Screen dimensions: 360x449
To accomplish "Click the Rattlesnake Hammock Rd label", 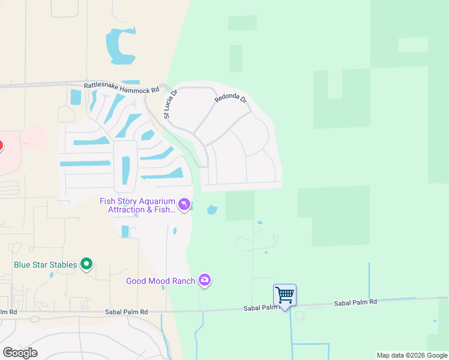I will click(x=121, y=88).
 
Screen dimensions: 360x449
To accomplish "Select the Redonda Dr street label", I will click(x=231, y=100).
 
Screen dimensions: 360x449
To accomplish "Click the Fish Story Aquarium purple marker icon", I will click(x=185, y=205).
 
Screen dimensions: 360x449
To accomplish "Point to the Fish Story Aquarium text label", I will click(x=137, y=205).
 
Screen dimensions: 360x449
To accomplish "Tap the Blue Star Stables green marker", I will click(x=87, y=264).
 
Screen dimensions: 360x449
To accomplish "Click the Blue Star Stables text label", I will click(x=46, y=265).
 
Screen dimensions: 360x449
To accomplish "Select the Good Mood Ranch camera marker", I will click(x=205, y=280).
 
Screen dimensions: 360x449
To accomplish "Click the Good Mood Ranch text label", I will click(x=160, y=281).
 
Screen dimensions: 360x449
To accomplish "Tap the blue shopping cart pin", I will click(x=285, y=295).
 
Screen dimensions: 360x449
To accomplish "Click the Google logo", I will click(x=20, y=353).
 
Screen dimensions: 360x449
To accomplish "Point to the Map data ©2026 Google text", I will click(x=412, y=355).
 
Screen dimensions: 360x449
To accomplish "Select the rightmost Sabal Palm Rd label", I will click(x=355, y=303).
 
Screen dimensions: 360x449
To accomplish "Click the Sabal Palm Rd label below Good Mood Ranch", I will click(x=127, y=312).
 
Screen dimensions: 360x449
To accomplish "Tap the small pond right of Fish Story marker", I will click(x=211, y=210).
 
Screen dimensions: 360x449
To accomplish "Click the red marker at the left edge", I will click(x=1, y=146).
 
